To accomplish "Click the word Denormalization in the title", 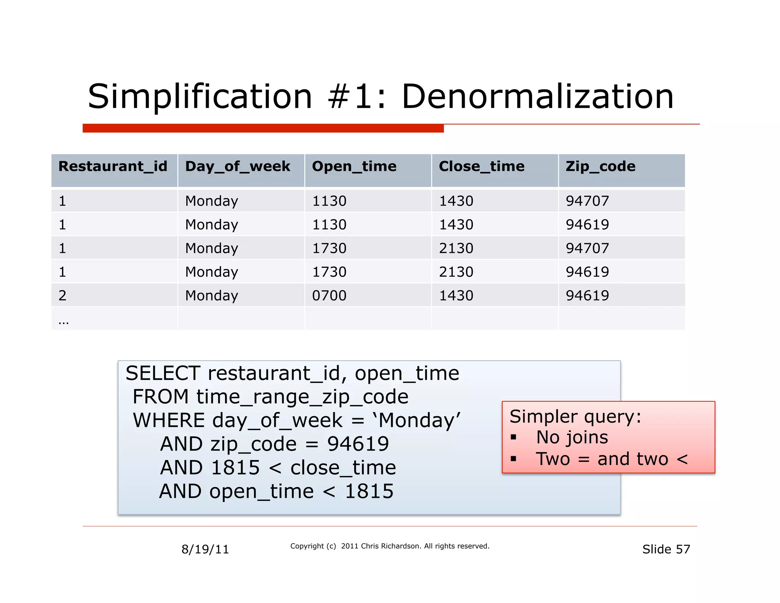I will point(537,97).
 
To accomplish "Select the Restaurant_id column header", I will point(113,167).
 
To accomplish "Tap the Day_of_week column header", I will point(238,167).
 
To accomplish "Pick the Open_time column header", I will point(354,167).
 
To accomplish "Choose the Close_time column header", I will point(481,167).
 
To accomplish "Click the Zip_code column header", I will point(600,167).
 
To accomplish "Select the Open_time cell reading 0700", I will point(329,296).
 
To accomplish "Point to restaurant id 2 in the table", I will point(62,296).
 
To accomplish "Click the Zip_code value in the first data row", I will point(587,201).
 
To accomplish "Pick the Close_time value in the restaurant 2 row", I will point(456,296).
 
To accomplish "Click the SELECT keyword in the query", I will point(163,373).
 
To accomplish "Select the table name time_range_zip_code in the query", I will point(302,397).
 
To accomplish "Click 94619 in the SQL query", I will point(358,444).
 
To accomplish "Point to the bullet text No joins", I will point(572,438).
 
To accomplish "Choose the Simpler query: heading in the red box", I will point(575,417).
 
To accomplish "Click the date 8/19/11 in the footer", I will point(205,549).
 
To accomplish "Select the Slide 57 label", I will point(666,549).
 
